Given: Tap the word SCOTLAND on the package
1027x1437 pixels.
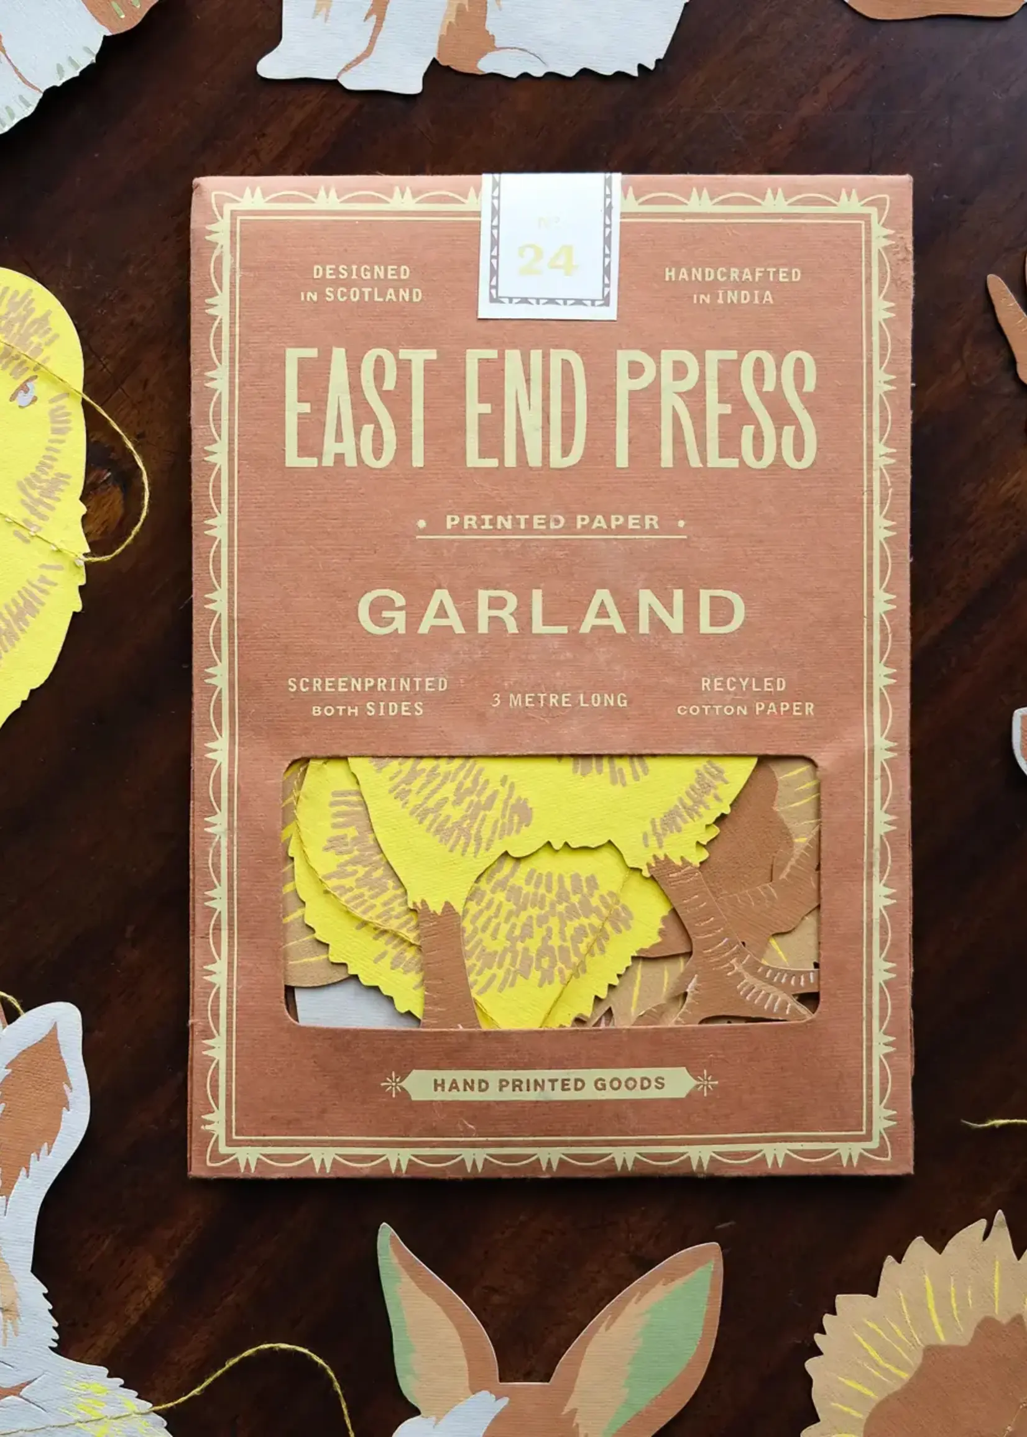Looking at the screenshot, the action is click(373, 295).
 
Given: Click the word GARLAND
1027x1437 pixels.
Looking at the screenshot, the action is click(551, 612).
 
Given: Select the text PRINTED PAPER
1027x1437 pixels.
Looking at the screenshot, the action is click(552, 522).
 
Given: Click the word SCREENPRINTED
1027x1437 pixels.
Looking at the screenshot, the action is click(367, 685).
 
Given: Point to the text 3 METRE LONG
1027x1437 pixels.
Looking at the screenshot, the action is click(560, 700).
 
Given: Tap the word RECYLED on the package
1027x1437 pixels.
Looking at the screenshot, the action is click(743, 684).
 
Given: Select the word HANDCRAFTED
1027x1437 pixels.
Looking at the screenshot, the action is click(732, 274).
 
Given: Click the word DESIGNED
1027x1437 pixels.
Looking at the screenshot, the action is click(362, 272).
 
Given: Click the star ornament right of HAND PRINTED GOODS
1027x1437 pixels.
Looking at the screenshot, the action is click(706, 1084).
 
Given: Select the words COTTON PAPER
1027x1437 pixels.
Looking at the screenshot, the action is click(745, 709).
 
